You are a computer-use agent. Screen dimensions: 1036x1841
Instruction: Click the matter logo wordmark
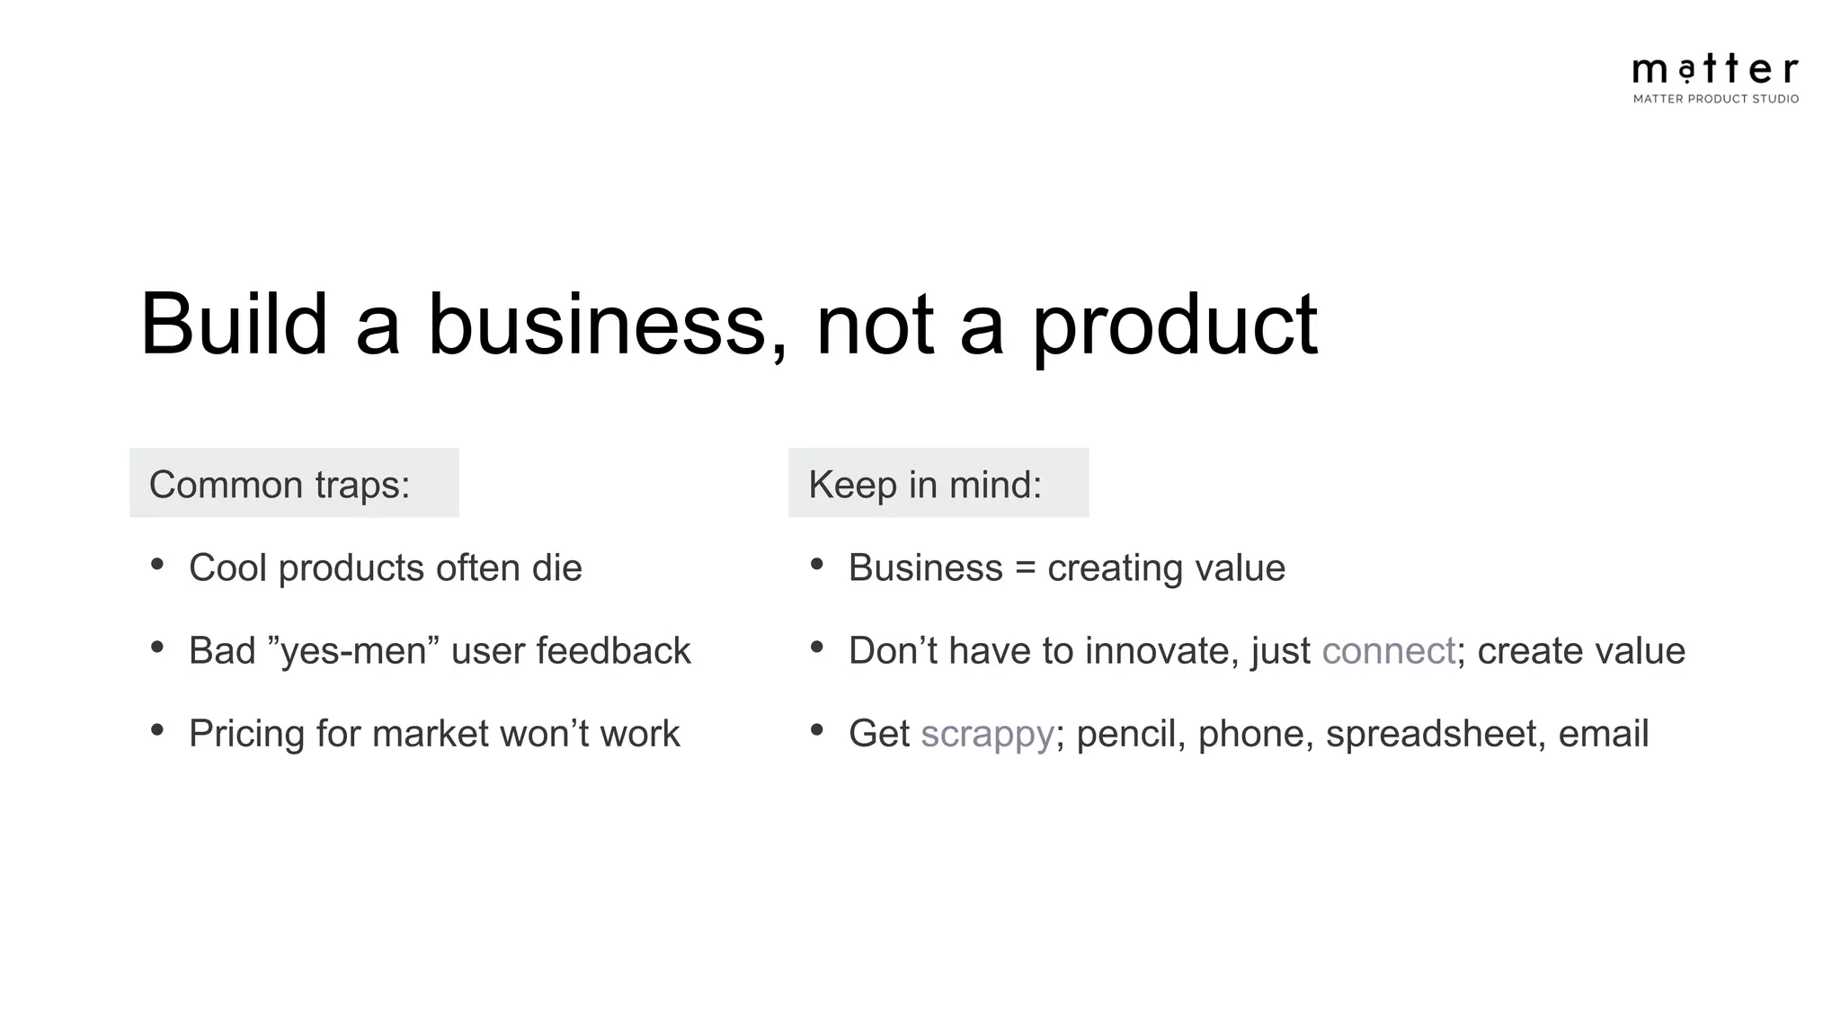[1714, 68]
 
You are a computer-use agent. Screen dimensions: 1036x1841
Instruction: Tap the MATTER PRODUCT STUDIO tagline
[1715, 99]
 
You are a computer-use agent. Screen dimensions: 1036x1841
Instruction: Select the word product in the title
[1173, 326]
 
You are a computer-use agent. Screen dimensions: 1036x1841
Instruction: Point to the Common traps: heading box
[294, 483]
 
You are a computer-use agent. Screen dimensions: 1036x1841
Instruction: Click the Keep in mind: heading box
[938, 483]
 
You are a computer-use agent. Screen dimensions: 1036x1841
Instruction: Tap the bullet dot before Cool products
[157, 564]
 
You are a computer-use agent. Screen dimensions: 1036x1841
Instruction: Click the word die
[556, 567]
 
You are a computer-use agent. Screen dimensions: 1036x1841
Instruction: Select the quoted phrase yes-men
[353, 651]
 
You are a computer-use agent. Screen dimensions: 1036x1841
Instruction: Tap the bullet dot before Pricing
[157, 729]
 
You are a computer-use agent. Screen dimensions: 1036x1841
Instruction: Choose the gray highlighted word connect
[1387, 651]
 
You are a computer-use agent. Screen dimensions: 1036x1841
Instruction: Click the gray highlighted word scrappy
[986, 735]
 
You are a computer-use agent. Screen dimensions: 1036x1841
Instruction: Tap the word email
[1603, 733]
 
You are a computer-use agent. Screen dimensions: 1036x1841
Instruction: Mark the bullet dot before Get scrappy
[816, 729]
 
